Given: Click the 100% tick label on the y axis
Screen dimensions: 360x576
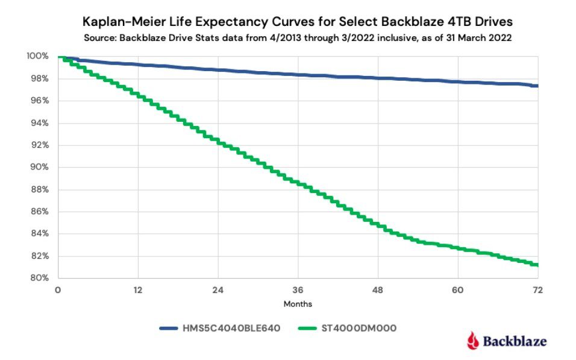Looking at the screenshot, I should [37, 56].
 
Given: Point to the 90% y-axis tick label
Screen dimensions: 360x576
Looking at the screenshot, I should [39, 167].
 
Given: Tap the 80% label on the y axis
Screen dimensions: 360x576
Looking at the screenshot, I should [39, 278].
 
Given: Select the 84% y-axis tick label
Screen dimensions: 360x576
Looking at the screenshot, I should [39, 233].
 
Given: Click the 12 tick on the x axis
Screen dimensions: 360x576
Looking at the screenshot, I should [138, 290].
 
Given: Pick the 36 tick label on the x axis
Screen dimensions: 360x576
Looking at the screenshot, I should [298, 290].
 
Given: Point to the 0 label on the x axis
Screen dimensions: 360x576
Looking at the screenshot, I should [58, 290].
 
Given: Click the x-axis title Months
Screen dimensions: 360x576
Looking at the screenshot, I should [298, 304].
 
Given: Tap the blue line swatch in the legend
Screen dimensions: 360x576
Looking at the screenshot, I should [175, 328].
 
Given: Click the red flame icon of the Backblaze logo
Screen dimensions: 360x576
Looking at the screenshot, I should [473, 341].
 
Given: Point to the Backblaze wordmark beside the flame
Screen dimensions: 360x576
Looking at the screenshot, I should [515, 341].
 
